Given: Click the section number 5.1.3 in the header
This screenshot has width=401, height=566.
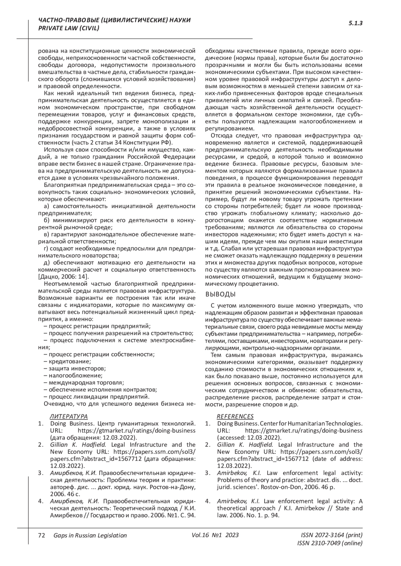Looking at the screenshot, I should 356,24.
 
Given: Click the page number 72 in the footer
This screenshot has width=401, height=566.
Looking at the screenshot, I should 42,535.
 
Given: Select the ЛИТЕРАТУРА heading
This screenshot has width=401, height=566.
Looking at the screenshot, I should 69,416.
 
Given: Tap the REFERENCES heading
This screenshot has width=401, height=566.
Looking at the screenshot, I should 235,416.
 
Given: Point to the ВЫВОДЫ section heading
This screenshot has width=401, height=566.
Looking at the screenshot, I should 220,295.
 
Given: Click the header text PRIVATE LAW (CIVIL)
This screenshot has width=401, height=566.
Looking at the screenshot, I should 69,28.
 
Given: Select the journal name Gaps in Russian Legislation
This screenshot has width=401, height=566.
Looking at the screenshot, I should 90,535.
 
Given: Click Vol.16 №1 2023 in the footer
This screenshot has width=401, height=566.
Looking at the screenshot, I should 215,535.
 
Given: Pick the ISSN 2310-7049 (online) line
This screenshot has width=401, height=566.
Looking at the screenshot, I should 329,543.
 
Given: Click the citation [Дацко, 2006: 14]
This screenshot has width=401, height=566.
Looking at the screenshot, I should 63,276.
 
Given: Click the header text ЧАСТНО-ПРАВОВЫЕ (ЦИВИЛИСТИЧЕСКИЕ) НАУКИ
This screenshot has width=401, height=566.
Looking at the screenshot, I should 115,21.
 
